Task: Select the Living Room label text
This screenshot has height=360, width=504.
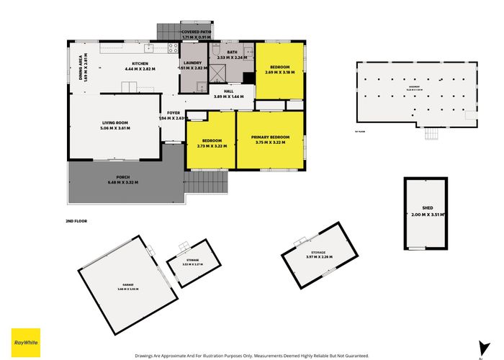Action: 114,125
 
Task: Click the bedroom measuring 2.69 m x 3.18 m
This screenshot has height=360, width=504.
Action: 279,70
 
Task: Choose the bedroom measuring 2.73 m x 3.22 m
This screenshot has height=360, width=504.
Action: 211,143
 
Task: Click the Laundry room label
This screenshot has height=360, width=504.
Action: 192,66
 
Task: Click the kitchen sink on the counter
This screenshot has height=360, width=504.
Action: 149,49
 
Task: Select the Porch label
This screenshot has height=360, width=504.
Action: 122,179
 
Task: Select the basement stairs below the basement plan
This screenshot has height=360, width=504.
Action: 432,134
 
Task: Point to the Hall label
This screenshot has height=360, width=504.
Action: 228,93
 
